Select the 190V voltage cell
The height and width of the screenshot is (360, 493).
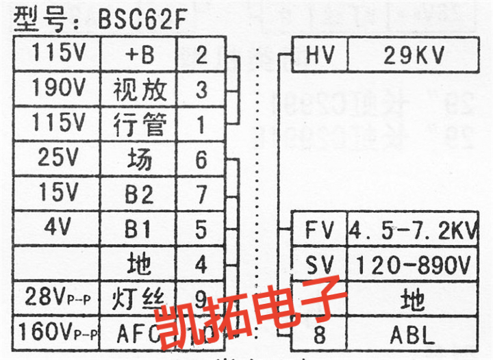click(58, 88)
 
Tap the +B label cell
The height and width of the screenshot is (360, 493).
click(140, 55)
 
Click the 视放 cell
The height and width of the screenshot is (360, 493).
click(140, 89)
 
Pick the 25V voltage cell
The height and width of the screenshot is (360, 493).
click(58, 159)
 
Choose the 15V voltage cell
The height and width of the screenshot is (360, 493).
click(58, 194)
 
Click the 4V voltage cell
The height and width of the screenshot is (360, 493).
click(58, 228)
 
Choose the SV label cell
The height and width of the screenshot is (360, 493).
click(319, 263)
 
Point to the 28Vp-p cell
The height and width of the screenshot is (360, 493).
click(58, 298)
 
